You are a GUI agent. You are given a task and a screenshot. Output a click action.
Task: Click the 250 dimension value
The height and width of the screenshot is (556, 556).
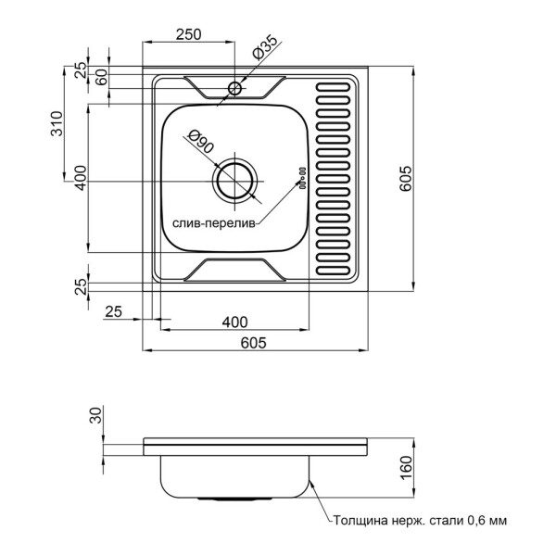coord(189,35)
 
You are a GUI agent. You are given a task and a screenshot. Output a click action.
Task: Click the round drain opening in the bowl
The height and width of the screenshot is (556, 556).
coord(235,181)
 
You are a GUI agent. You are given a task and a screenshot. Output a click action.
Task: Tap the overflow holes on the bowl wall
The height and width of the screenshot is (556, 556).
coord(301,176)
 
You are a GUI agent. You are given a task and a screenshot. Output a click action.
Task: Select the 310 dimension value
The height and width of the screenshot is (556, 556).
coord(57,123)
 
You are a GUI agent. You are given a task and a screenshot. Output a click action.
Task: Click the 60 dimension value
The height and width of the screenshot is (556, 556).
coord(100,77)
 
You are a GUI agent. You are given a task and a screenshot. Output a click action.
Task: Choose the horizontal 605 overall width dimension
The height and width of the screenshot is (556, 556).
coord(254,343)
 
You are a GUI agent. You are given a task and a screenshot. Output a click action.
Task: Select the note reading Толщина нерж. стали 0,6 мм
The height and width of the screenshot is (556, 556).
coord(420,521)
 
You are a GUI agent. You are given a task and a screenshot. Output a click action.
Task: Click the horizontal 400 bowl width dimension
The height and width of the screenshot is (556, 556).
coord(235,322)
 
